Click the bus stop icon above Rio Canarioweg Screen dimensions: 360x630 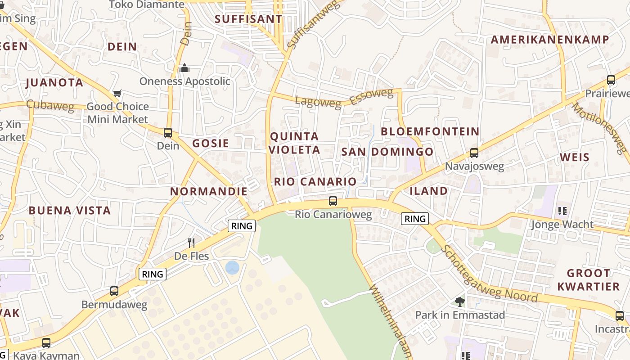click(x=333, y=201)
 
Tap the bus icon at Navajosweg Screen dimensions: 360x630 click(x=474, y=153)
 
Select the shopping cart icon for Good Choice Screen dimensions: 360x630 click(x=117, y=94)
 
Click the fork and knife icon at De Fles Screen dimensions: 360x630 click(x=191, y=243)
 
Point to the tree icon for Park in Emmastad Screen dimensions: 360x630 click(x=459, y=301)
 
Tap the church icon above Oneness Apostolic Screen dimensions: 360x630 click(x=184, y=68)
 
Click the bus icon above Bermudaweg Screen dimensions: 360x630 click(x=114, y=291)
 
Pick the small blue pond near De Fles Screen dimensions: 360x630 click(x=232, y=268)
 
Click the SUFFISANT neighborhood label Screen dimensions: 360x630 click(x=248, y=19)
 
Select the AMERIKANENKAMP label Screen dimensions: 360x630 click(x=549, y=40)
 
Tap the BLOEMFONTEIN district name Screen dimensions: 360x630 click(x=430, y=131)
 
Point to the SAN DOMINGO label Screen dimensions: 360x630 click(x=387, y=152)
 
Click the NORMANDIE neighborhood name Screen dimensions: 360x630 click(x=209, y=191)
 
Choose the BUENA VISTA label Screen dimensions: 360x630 click(x=70, y=211)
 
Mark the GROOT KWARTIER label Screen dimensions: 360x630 click(x=588, y=280)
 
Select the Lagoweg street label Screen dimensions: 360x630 click(x=318, y=102)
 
